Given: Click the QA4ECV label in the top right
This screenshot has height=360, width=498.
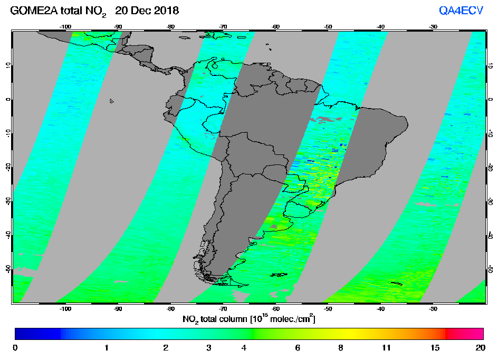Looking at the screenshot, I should (x=461, y=11).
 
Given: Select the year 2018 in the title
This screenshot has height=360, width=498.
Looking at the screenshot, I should (x=166, y=11).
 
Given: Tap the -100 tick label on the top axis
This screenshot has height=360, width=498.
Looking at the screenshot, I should (x=65, y=26).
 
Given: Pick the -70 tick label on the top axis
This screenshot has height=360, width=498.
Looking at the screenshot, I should (x=223, y=26).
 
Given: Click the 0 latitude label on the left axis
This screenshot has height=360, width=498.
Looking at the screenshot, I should (x=7, y=99).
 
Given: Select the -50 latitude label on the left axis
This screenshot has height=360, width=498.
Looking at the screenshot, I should (x=7, y=268).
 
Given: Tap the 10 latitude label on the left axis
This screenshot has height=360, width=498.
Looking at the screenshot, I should (x=7, y=65).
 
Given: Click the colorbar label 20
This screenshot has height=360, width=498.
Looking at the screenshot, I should (x=480, y=348).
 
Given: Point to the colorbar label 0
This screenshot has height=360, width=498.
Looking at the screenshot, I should (x=15, y=348).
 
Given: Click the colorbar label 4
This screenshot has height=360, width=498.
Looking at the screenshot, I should (x=243, y=348).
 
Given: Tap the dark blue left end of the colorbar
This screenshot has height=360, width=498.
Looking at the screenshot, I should (x=32, y=333).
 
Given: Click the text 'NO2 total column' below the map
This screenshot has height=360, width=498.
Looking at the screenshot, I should (x=216, y=319).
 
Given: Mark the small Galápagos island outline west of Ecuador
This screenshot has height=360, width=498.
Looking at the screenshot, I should (x=112, y=101).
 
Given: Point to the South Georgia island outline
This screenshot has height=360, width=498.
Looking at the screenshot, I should (x=396, y=284).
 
